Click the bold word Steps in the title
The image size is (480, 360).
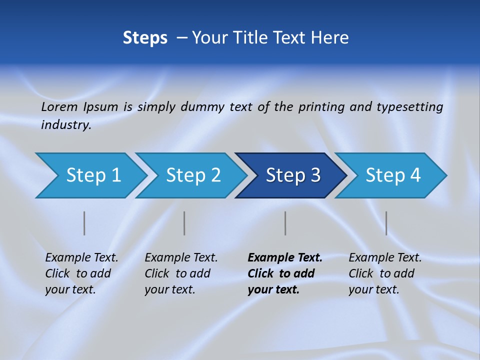(145, 38)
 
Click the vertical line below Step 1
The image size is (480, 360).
(84, 223)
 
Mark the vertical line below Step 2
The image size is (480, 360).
(184, 223)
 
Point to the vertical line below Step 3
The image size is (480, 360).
(285, 223)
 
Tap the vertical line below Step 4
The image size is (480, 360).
(386, 223)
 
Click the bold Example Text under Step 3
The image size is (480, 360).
(285, 258)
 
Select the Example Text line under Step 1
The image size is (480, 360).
(81, 258)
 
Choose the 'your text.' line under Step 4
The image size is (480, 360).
(373, 289)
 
